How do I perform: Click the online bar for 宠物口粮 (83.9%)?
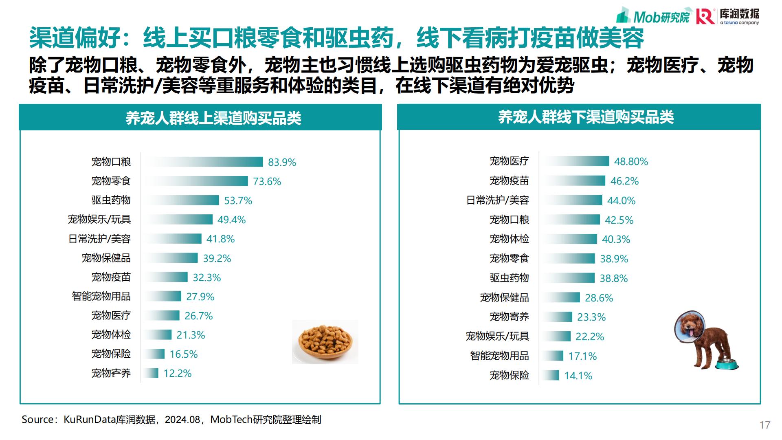[204, 162]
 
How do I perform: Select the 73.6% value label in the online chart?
[267, 181]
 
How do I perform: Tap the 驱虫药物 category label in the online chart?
[111, 200]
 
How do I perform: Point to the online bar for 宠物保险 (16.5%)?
[155, 354]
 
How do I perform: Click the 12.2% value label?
[177, 373]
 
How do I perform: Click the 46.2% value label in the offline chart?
[624, 181]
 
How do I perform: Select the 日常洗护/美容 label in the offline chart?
[497, 200]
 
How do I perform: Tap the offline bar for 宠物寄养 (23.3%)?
[558, 317]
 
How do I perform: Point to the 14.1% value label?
[578, 376]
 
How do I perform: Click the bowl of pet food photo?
[325, 341]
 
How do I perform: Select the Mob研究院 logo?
[654, 16]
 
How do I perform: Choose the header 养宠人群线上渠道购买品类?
[213, 118]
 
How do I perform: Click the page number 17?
[764, 425]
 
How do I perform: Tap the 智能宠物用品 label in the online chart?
[101, 296]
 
